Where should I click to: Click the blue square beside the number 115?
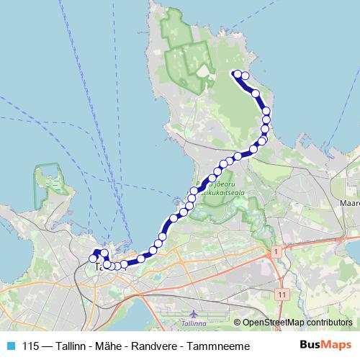(10, 346)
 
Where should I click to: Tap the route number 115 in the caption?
(31, 346)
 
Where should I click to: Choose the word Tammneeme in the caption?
(219, 346)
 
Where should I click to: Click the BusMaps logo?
(325, 345)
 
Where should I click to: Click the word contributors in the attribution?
(329, 323)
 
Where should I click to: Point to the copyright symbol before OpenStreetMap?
(238, 323)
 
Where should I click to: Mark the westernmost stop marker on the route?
(93, 258)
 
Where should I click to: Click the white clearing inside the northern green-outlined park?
(204, 74)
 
